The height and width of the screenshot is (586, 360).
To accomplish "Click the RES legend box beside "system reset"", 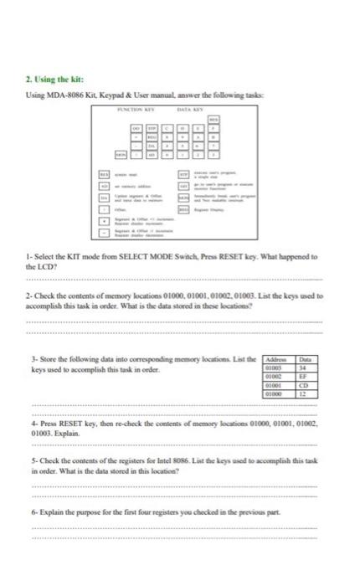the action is [106, 172].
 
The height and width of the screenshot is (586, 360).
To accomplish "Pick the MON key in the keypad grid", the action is [122, 155].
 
